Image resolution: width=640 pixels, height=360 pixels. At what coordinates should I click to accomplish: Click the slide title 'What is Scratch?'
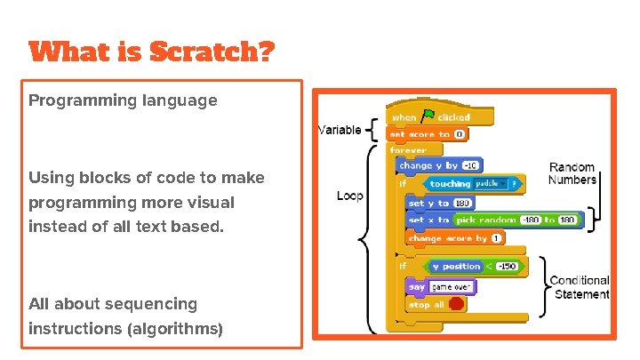click(152, 53)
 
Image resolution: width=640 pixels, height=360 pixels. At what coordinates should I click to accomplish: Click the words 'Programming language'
click(123, 100)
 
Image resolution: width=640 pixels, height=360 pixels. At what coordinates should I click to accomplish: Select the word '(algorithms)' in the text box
click(176, 329)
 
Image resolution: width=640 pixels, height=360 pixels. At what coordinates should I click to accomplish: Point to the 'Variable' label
click(340, 130)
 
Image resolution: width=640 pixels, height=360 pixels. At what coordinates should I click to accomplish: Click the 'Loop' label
click(349, 196)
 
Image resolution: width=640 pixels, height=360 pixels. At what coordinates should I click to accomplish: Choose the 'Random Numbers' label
click(572, 173)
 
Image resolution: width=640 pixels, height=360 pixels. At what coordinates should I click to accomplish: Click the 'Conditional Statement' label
click(580, 287)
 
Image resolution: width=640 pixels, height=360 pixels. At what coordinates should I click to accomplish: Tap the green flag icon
click(428, 116)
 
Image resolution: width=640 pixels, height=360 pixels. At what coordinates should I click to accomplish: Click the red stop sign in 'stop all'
click(456, 304)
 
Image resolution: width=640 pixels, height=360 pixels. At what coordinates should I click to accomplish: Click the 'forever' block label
click(408, 150)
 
